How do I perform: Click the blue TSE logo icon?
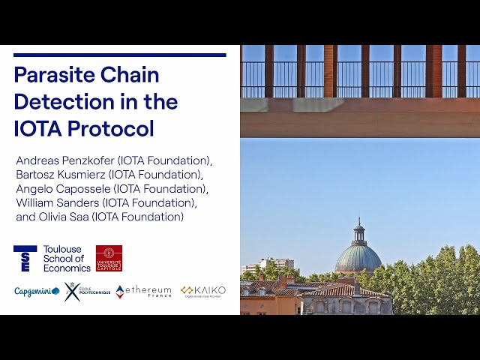(x=25, y=258)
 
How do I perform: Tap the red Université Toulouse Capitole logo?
(x=109, y=258)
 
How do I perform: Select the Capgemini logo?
(x=37, y=291)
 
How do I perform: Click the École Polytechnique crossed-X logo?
(x=72, y=291)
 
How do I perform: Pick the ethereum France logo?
(x=143, y=291)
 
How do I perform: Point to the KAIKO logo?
(x=202, y=291)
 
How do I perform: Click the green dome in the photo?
(x=358, y=257)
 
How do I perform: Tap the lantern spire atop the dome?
(x=359, y=229)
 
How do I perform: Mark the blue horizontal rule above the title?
(x=120, y=55)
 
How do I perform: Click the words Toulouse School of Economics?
(x=67, y=258)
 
